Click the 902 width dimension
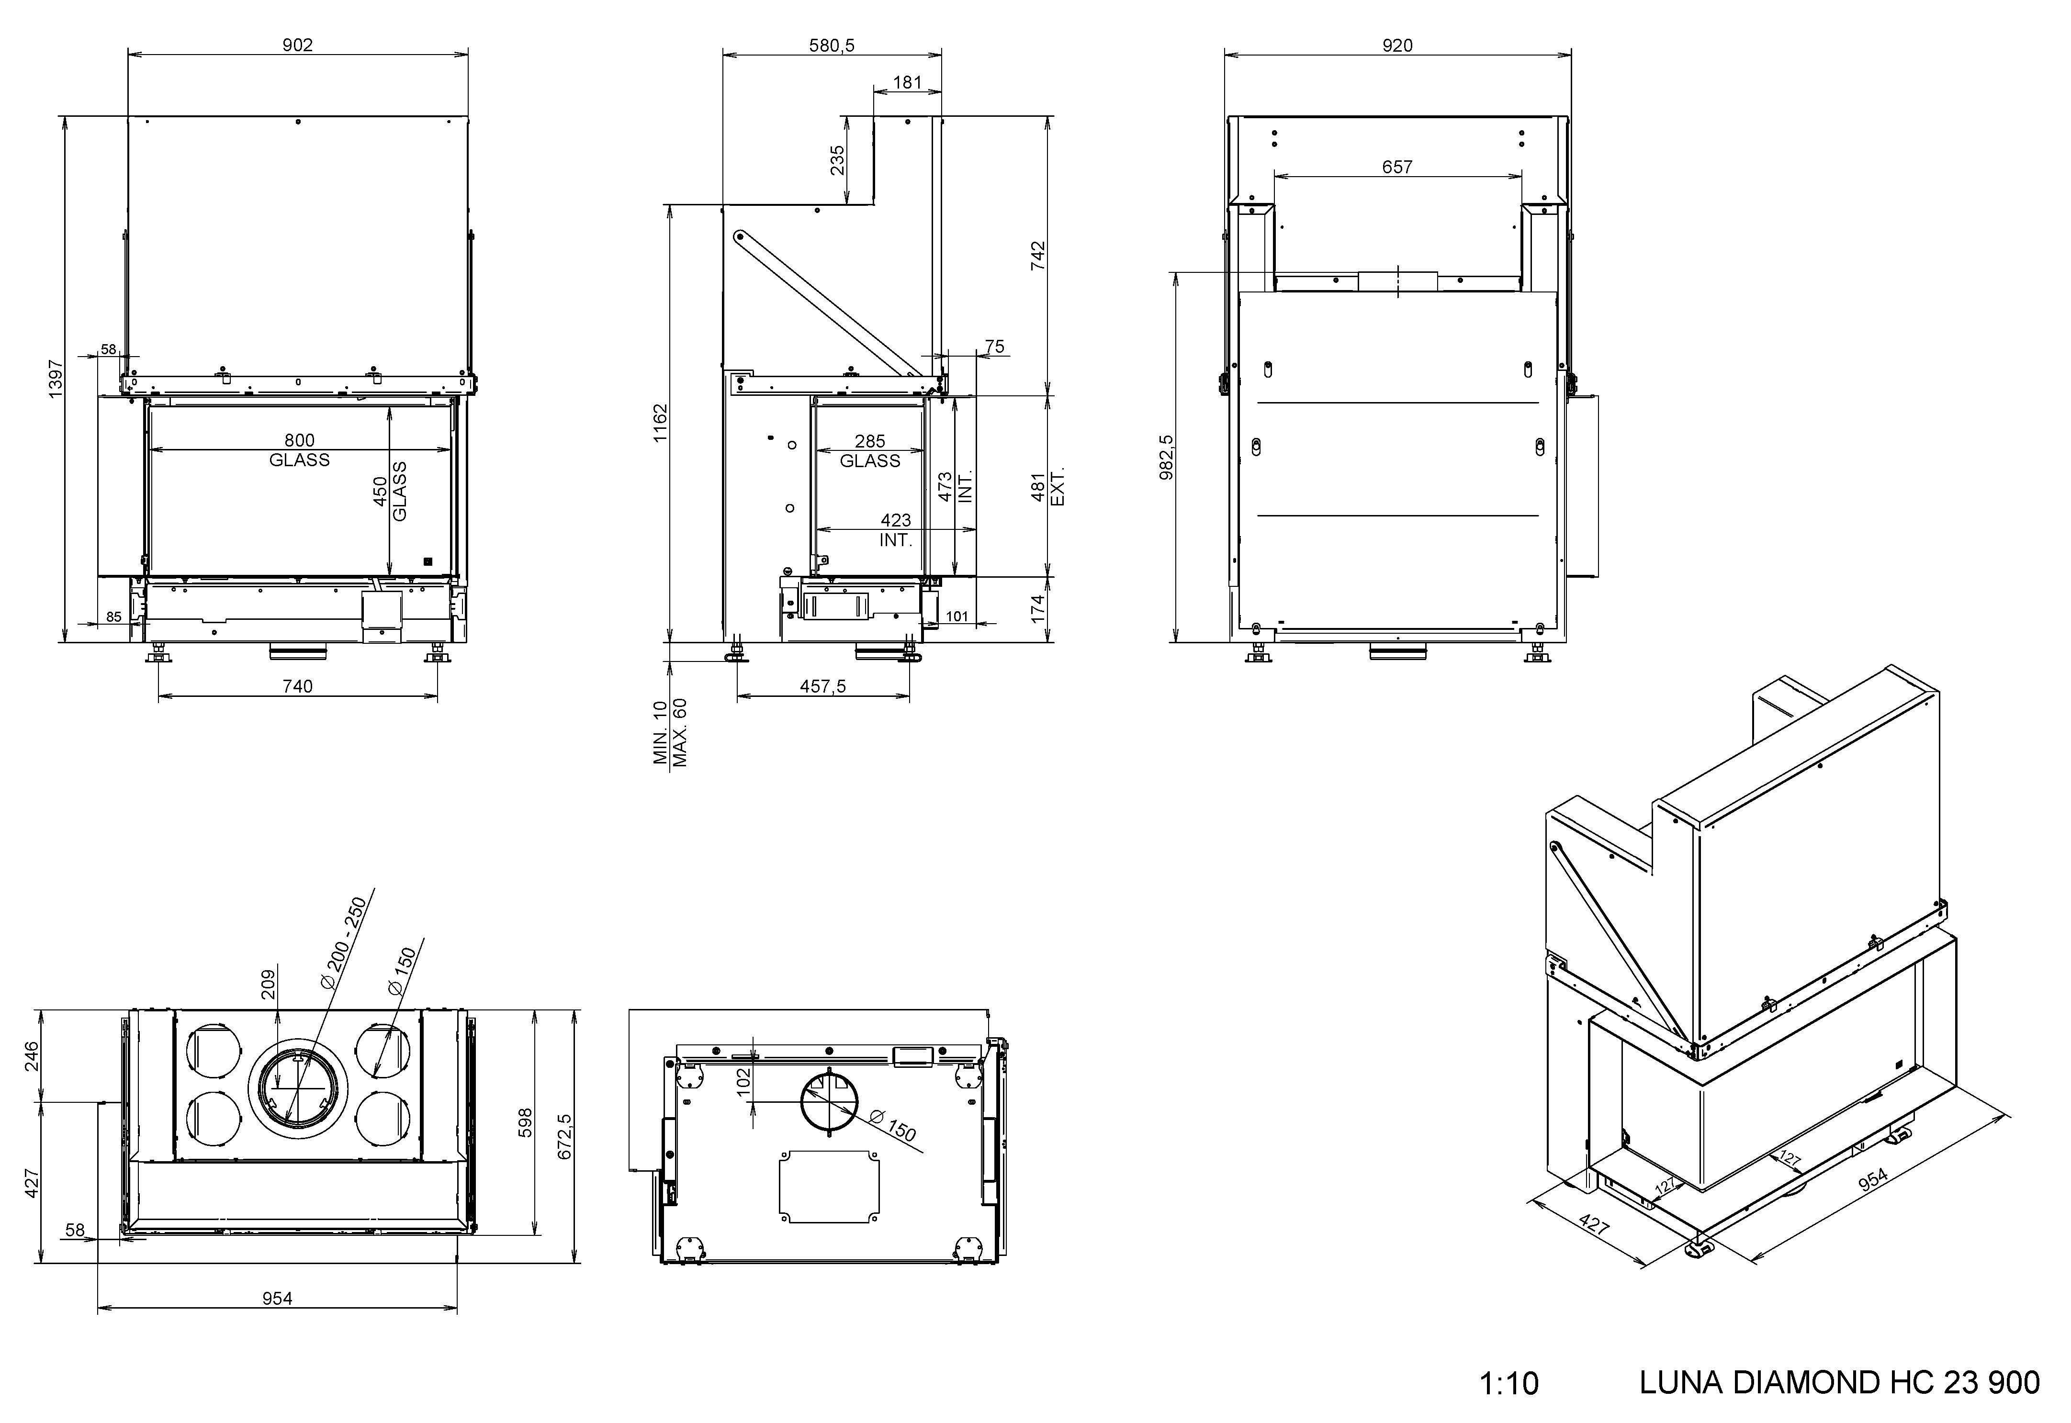coord(298,45)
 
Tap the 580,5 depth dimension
coord(831,45)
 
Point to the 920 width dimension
coord(1397,45)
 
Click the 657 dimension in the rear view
coord(1397,167)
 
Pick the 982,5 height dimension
coord(1166,457)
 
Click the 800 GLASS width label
coord(300,449)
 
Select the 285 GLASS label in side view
coord(870,450)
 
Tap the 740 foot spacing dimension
coord(298,685)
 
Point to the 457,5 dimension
coord(823,685)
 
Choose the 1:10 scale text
coord(1508,1383)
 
